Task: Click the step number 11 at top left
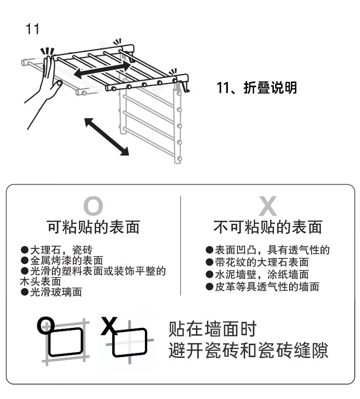pyautogui.click(x=32, y=29)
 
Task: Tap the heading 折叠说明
pyautogui.click(x=270, y=88)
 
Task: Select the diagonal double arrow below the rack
pyautogui.click(x=107, y=136)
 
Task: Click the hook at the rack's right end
pyautogui.click(x=185, y=87)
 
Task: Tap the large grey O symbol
pyautogui.click(x=93, y=206)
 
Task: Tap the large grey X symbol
pyautogui.click(x=267, y=206)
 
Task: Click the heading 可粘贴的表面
pyautogui.click(x=93, y=227)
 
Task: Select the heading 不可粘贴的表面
pyautogui.click(x=268, y=227)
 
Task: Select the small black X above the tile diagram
pyautogui.click(x=109, y=326)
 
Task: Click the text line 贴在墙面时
pyautogui.click(x=212, y=329)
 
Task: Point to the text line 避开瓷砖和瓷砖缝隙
pyautogui.click(x=248, y=350)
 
